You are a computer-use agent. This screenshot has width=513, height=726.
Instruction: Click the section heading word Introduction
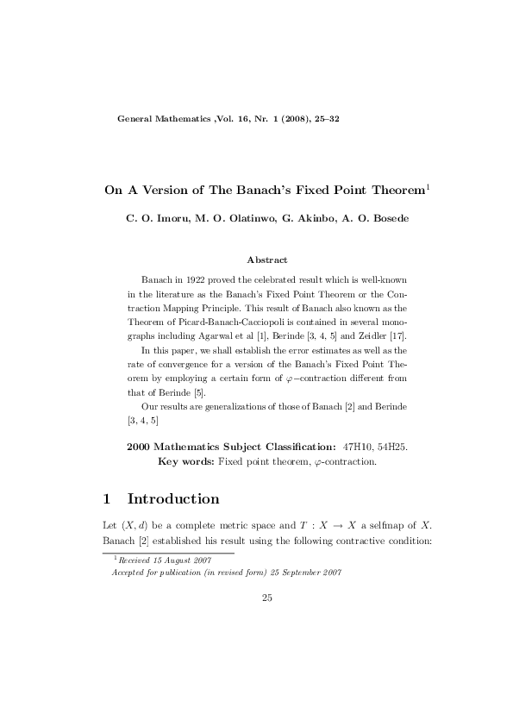pyautogui.click(x=173, y=499)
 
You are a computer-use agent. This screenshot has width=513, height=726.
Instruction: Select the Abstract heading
pyautogui.click(x=267, y=260)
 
